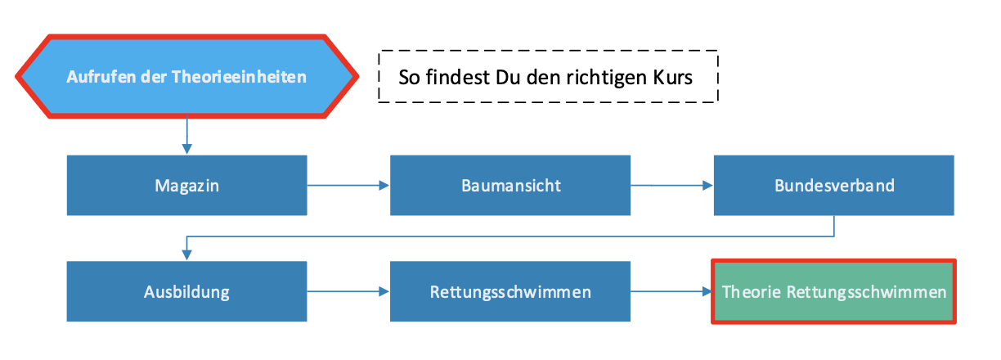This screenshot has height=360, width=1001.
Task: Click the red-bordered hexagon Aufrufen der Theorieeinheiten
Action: point(186,78)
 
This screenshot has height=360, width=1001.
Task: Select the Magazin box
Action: point(186,186)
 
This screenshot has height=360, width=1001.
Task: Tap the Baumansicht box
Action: point(510,186)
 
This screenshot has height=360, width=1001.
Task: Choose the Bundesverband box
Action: point(834,186)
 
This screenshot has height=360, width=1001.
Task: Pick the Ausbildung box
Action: point(186,291)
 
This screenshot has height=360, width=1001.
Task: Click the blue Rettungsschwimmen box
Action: point(510,291)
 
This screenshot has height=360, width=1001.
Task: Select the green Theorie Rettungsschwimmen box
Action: point(834,292)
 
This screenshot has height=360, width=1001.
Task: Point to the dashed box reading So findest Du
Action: point(548,77)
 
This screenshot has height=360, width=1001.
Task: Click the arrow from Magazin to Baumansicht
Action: point(348,186)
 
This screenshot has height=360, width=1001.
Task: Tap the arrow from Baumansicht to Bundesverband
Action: point(672,186)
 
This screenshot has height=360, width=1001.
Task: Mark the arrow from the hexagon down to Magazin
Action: point(187,135)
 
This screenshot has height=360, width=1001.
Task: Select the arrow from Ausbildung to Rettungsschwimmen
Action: point(348,291)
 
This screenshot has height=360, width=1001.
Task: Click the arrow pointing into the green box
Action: point(672,291)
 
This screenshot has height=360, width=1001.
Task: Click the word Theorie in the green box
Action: point(751,292)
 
